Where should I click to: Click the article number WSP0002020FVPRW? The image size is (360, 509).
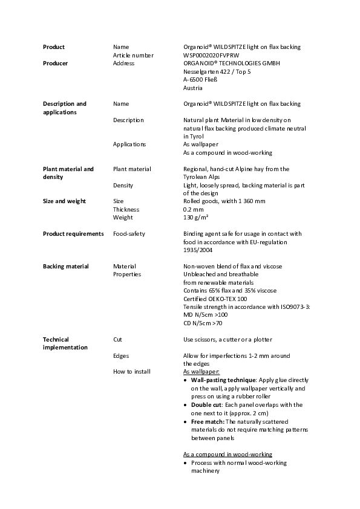pos(211,55)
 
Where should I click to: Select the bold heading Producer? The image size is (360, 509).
pos(55,63)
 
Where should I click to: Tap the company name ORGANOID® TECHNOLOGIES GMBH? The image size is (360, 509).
pos(232,63)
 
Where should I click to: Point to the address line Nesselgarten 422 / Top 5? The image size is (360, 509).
pos(217,71)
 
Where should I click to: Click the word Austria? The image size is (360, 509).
pos(193,88)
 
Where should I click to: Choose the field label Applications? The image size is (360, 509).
pos(129,144)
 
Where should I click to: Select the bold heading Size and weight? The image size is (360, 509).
pos(64,201)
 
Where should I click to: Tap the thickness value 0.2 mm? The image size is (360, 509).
pos(194,209)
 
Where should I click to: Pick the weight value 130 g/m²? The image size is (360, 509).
pos(196,217)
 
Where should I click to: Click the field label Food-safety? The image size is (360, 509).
pos(129,233)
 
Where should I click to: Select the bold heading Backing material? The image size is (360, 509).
pos(66,266)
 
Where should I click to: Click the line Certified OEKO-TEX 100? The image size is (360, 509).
pos(215,299)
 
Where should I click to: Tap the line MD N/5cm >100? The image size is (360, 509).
pos(206,315)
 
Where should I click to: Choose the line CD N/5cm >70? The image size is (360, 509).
pos(203,323)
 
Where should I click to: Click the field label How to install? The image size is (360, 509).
pos(132,372)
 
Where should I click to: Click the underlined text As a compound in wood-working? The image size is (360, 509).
pos(227,454)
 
